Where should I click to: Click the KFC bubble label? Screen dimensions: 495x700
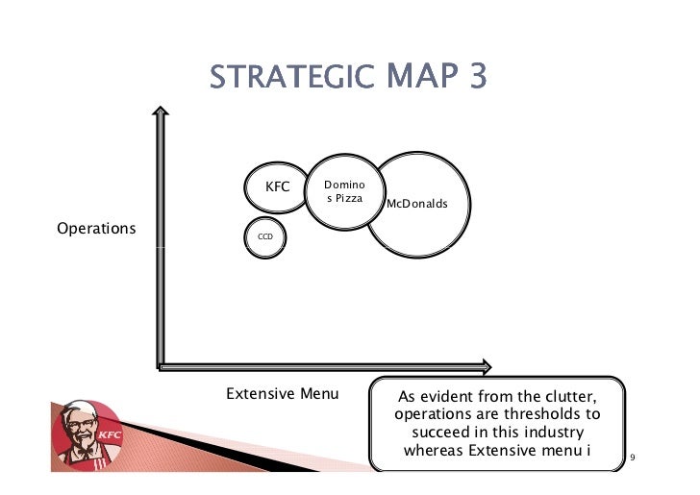277,186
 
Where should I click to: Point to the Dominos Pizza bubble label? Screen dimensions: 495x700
342,190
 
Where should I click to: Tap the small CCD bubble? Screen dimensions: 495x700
263,235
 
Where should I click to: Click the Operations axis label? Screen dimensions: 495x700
96,230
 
